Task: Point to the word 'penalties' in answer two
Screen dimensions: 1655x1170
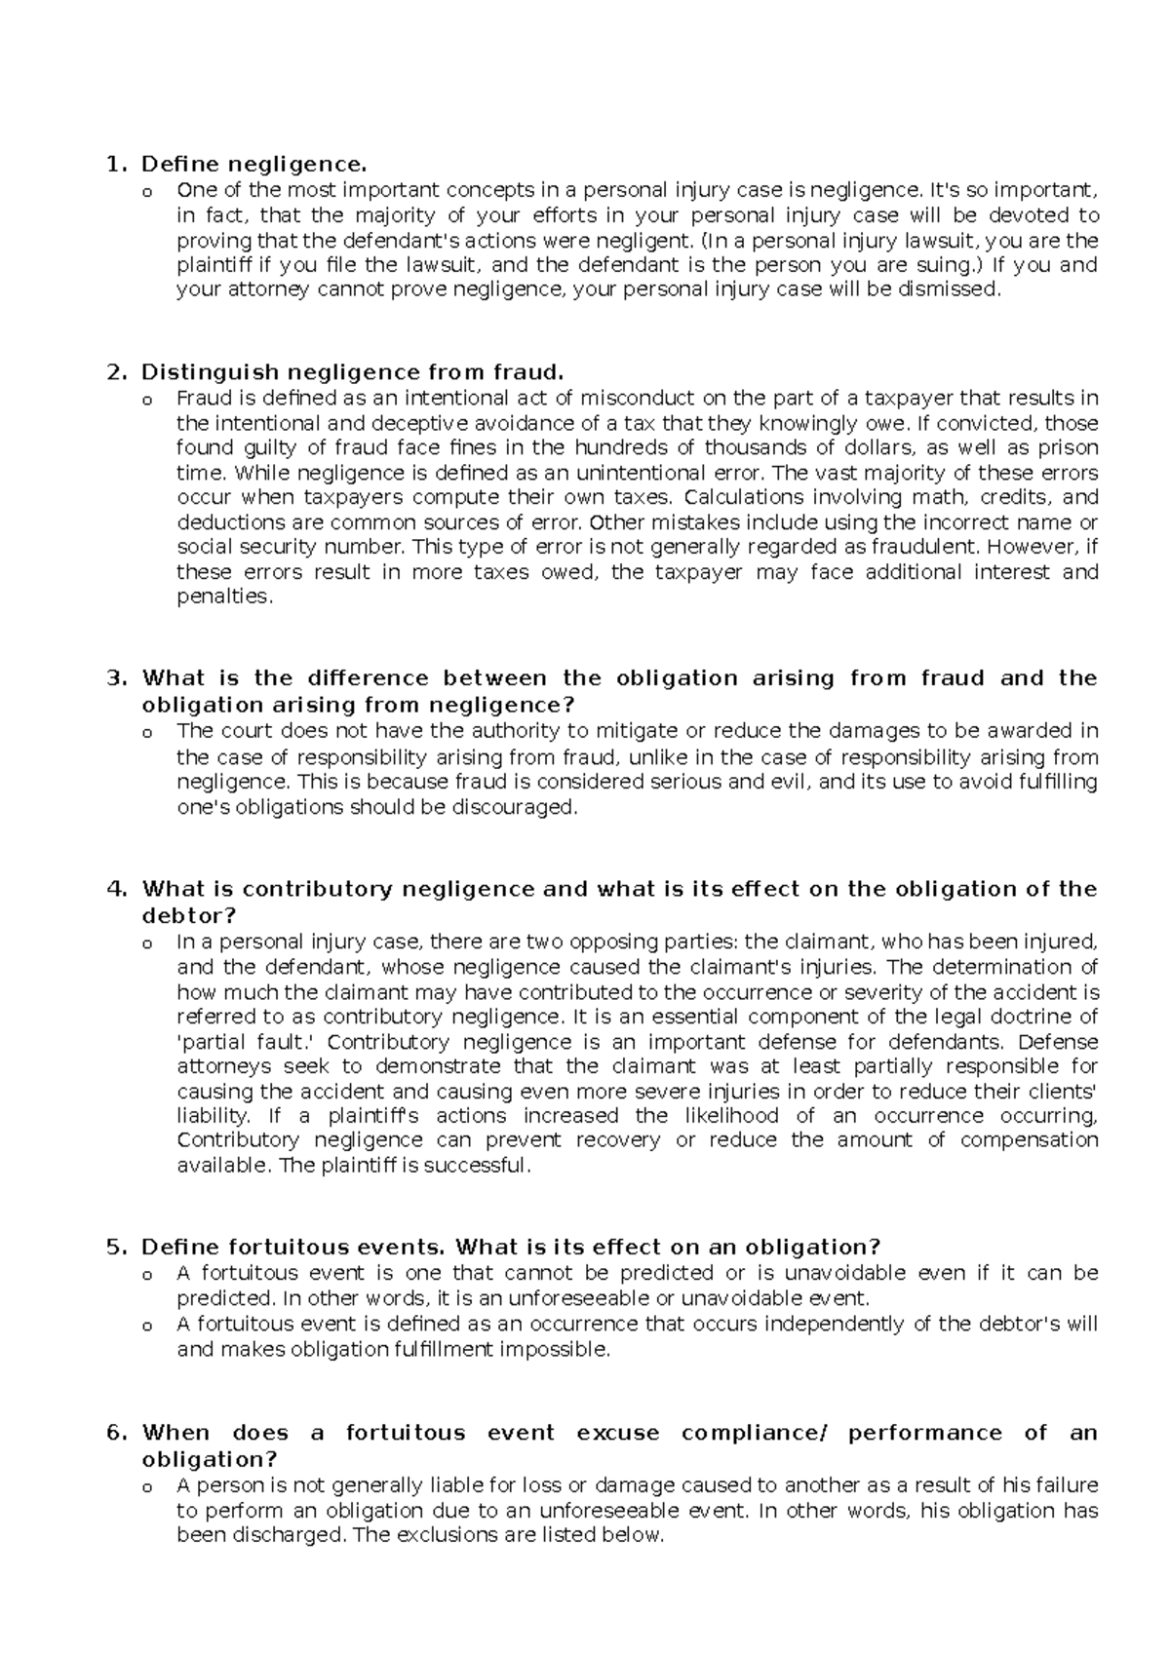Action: tap(222, 597)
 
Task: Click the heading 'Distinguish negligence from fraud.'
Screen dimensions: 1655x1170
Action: tap(353, 372)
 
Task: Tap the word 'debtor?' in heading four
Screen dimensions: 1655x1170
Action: tap(189, 915)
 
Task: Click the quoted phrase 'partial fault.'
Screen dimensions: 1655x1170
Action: tap(242, 1041)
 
